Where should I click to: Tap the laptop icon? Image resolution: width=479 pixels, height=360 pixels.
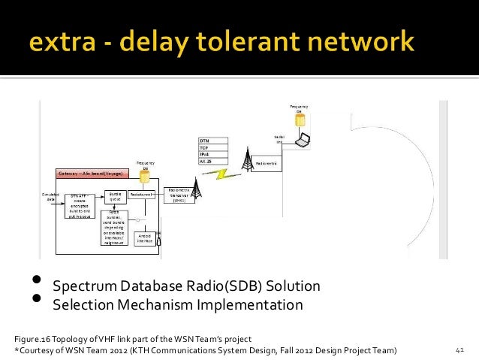[303, 140]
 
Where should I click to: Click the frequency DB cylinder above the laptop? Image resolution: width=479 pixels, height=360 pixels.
[300, 121]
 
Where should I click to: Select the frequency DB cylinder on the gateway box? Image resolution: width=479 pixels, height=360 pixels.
[145, 177]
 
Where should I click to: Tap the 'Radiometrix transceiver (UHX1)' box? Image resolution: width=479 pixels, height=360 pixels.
[179, 195]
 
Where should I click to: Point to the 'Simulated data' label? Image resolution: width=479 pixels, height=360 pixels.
[51, 195]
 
